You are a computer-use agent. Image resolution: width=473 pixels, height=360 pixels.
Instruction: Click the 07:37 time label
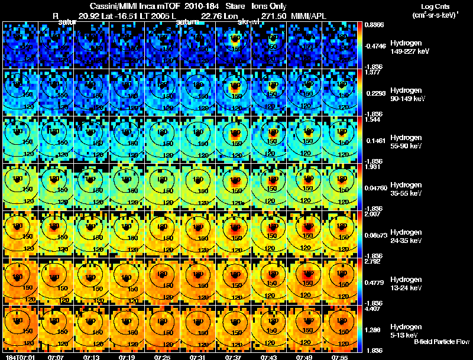pyautogui.click(x=234, y=357)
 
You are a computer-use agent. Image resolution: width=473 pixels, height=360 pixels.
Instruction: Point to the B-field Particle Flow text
pyautogui.click(x=441, y=342)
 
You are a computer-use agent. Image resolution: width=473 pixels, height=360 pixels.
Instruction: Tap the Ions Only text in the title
pyautogui.click(x=269, y=6)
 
